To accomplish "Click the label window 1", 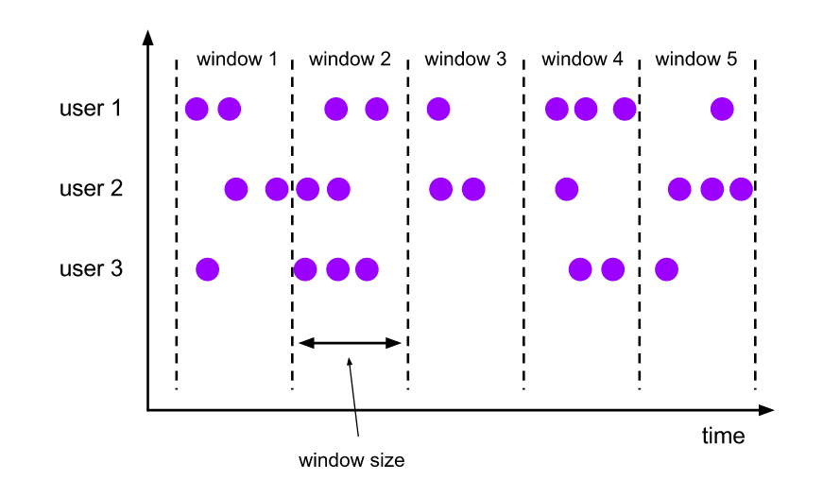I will [236, 60].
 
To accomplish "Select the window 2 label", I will [350, 60].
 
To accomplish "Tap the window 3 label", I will [465, 60].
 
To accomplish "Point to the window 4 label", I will [582, 60].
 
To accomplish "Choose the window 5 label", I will [696, 60].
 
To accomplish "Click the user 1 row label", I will [91, 109].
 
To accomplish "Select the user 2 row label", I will [91, 189].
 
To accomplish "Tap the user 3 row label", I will [91, 269].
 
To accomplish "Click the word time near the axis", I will [723, 437].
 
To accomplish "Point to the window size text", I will [351, 461].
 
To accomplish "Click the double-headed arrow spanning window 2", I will [350, 343].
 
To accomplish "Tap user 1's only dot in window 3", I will [437, 109].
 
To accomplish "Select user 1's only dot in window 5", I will [722, 109].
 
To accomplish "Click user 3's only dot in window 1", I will [207, 269].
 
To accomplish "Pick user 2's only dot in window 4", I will [566, 189].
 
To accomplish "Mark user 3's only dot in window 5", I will [666, 269].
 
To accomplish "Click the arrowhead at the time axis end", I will [767, 410].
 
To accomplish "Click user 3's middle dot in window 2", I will [337, 269].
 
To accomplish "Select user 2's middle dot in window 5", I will [712, 189].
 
